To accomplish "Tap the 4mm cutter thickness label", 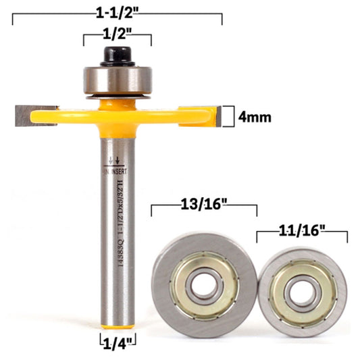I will tap(255, 116).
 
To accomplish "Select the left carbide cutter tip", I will tap(28, 115).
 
